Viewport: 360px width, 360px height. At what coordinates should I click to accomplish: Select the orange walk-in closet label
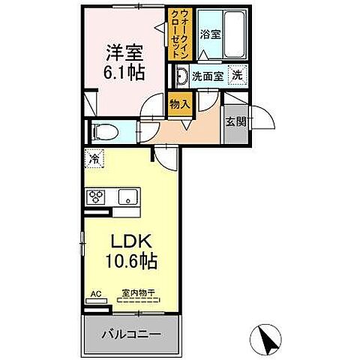(x=182, y=37)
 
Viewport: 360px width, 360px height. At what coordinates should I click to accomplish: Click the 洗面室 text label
(x=206, y=76)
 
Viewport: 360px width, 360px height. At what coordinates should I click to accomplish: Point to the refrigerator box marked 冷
(x=95, y=159)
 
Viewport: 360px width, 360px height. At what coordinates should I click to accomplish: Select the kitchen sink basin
(x=127, y=198)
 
